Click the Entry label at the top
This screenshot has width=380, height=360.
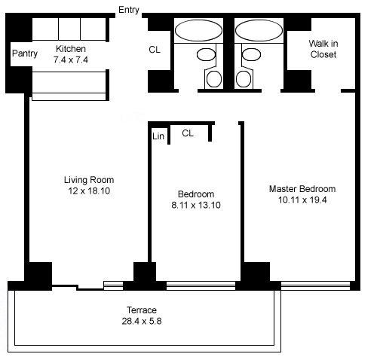129,10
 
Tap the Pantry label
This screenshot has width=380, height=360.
25,53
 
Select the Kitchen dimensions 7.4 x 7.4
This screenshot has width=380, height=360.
71,60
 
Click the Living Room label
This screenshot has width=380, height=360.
89,180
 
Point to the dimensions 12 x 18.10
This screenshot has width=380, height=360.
89,191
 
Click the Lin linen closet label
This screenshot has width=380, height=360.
158,136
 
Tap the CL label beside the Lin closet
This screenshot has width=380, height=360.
188,133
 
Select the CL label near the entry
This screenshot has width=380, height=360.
155,50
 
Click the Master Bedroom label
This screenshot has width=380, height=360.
302,189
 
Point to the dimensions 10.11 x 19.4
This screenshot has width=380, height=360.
302,200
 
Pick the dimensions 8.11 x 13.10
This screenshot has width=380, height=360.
196,205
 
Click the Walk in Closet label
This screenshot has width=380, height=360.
323,49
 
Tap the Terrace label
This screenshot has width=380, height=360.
142,310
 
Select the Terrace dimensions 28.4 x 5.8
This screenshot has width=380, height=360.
142,322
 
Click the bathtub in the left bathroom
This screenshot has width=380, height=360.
198,30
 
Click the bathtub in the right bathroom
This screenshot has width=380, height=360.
259,30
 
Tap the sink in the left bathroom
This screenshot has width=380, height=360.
206,54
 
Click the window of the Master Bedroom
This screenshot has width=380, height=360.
315,285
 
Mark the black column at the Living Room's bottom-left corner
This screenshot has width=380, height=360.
40,275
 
